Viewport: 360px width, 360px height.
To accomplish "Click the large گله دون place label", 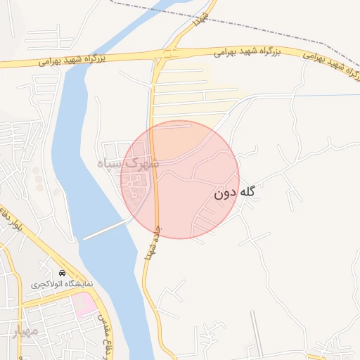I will [x=235, y=191].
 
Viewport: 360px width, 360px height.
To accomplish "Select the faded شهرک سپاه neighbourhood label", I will [x=129, y=165].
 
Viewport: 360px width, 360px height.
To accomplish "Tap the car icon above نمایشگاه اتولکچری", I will [x=63, y=274].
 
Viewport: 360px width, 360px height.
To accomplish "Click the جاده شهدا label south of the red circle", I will [x=152, y=243].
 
